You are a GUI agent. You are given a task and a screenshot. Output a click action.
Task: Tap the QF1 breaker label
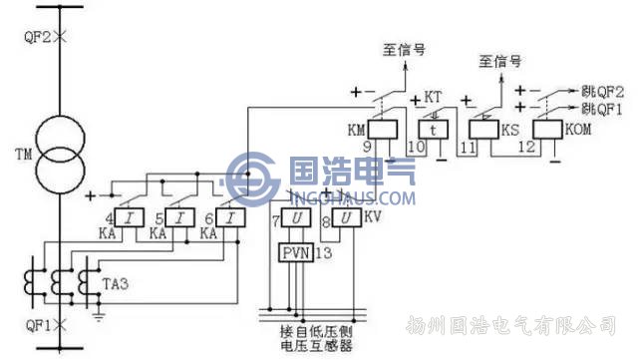pyautogui.click(x=34, y=325)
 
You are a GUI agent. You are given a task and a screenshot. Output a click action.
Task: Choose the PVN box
pyautogui.click(x=296, y=251)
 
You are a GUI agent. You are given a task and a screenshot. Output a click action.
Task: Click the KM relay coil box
pyautogui.click(x=384, y=129)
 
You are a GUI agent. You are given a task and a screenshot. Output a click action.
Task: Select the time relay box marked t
pyautogui.click(x=432, y=130)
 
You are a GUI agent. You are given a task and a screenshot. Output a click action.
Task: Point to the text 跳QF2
pyautogui.click(x=602, y=89)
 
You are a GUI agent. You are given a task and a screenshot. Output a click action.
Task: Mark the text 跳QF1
pyautogui.click(x=602, y=106)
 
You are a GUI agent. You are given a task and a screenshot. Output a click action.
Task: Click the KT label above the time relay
pyautogui.click(x=433, y=97)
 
